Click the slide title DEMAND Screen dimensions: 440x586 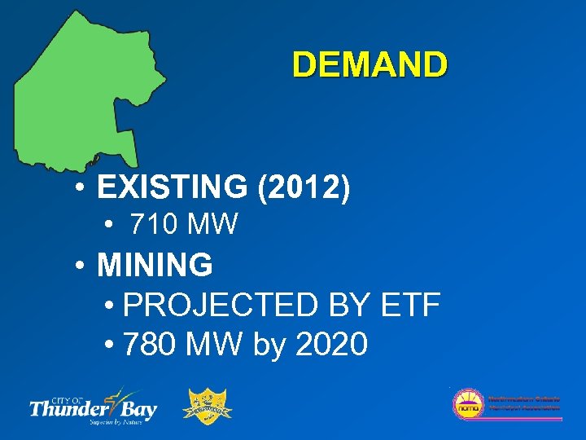tap(370, 65)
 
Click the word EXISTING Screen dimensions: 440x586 tap(172, 188)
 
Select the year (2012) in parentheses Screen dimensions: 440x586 tap(304, 188)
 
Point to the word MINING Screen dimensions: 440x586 tap(155, 265)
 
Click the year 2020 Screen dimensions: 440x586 tap(331, 344)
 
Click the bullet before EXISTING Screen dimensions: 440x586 tap(79, 188)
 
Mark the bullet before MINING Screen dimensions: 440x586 tap(79, 265)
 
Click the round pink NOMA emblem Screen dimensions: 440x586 tap(468, 404)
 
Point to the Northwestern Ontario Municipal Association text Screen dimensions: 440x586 tap(523, 403)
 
